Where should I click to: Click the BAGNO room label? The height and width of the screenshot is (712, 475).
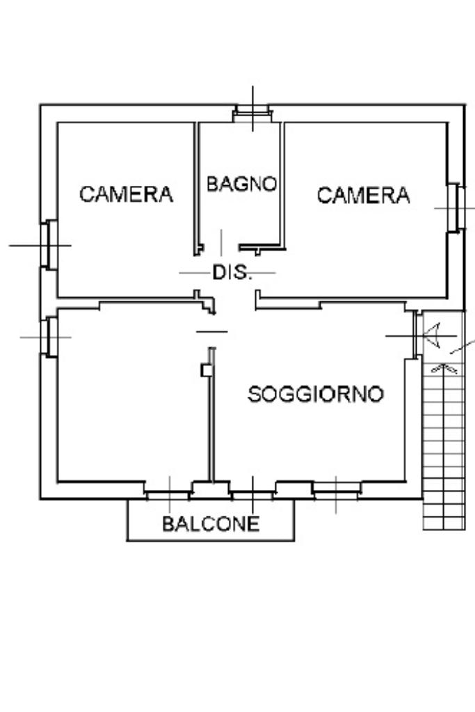[241, 184]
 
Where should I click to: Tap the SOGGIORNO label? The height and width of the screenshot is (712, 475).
[316, 394]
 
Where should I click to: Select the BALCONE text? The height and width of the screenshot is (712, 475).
[211, 523]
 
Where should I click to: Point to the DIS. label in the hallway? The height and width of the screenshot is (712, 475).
[232, 272]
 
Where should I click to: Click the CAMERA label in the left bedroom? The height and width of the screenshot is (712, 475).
[126, 194]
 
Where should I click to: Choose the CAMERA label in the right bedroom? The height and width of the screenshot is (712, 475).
[364, 196]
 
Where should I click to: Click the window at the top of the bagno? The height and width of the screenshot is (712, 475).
[252, 113]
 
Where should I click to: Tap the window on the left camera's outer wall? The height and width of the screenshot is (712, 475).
[49, 245]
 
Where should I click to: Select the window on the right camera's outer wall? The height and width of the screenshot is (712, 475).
[456, 208]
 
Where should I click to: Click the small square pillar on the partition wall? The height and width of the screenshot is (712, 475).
[207, 370]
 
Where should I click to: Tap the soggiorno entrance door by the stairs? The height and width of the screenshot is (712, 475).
[415, 335]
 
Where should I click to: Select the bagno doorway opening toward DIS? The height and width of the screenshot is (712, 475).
[221, 248]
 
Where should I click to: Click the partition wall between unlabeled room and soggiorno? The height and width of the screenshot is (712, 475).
[211, 414]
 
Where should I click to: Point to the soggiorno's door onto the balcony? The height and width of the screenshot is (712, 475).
[252, 494]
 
